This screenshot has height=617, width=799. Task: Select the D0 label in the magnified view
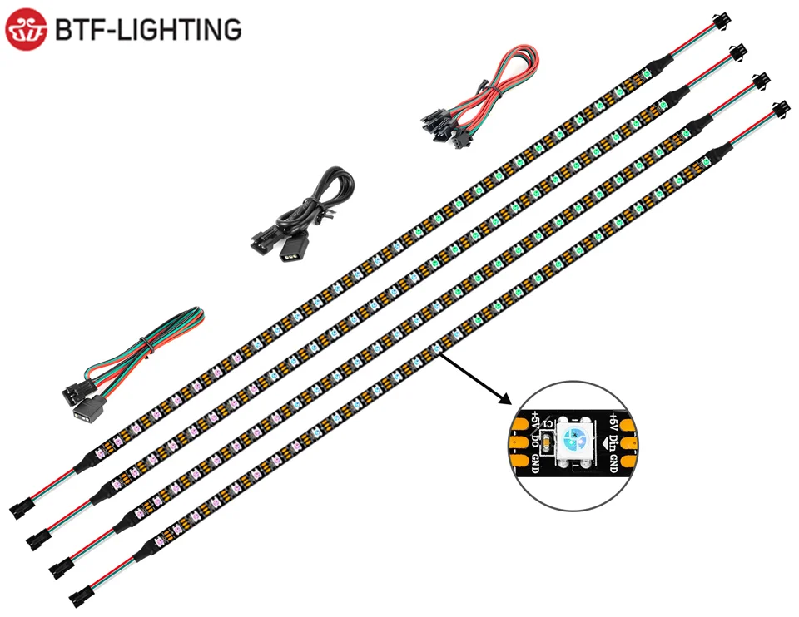[535, 441]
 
